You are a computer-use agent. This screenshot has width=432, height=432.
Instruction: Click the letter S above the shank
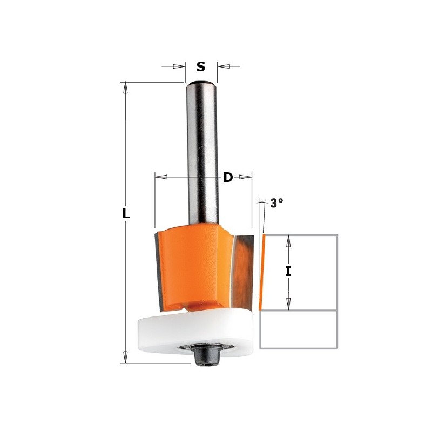pyautogui.click(x=201, y=66)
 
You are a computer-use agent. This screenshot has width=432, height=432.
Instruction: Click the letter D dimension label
pyautogui.click(x=228, y=177)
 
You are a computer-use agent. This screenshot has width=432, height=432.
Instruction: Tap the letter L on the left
pyautogui.click(x=126, y=214)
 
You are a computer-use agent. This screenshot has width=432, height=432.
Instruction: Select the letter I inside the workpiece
pyautogui.click(x=288, y=272)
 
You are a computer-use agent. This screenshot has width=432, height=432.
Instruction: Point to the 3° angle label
pyautogui.click(x=276, y=204)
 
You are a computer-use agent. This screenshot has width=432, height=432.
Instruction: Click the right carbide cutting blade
pyautogui.click(x=244, y=265)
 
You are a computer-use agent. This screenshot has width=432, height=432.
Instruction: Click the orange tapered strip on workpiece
pyautogui.click(x=262, y=273)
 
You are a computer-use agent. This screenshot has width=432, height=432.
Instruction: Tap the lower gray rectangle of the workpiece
pyautogui.click(x=299, y=329)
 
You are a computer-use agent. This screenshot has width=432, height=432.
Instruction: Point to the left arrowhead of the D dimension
pyautogui.click(x=161, y=177)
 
